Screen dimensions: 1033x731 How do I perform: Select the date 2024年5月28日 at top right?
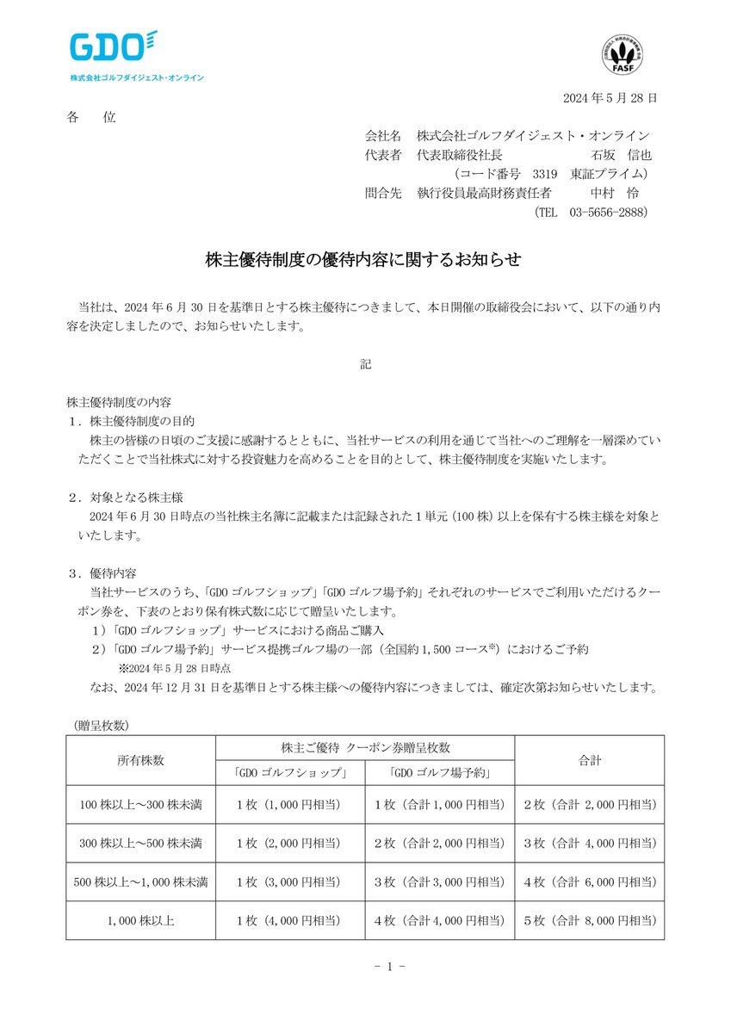click(610, 98)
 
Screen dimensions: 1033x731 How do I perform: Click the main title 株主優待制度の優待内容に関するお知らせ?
click(364, 258)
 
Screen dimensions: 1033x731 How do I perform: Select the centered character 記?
click(365, 364)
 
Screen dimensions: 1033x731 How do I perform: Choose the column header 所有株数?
click(141, 760)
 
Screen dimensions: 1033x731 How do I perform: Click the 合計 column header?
click(590, 760)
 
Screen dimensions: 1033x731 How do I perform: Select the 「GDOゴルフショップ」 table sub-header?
click(290, 772)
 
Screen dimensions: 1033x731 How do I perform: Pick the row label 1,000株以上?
click(141, 920)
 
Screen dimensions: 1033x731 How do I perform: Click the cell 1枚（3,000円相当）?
click(290, 881)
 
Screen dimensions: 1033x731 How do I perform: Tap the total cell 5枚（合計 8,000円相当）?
click(590, 920)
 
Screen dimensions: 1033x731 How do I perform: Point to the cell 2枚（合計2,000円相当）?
click(440, 843)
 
